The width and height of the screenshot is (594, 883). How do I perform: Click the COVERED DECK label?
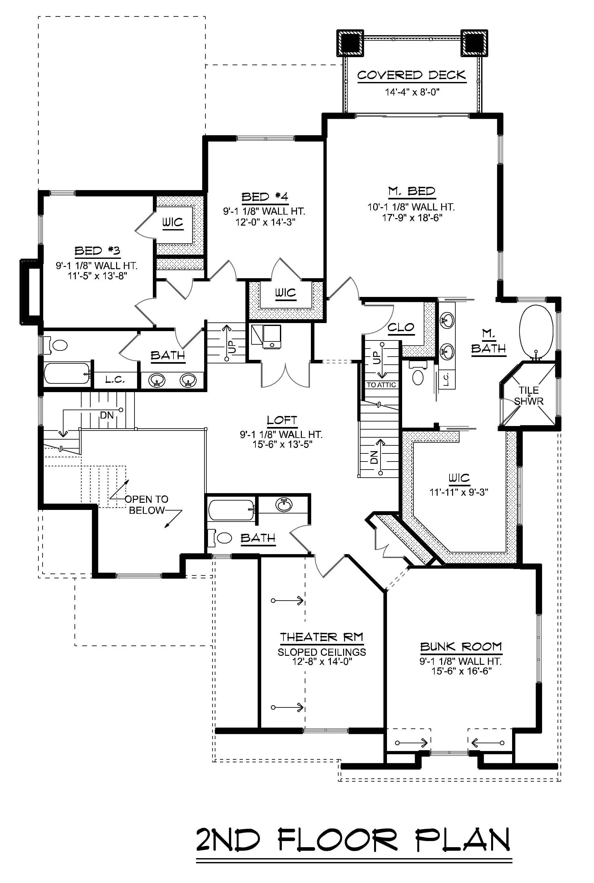[411, 76]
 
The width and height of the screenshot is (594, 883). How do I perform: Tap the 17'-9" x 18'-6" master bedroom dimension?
[412, 218]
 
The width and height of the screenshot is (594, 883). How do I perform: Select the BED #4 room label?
[265, 197]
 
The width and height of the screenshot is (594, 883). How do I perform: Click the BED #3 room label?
[97, 251]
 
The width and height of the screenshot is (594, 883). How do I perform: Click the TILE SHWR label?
[529, 395]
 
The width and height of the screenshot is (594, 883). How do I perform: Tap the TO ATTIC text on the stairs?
[381, 385]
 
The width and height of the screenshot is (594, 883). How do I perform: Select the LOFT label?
[282, 420]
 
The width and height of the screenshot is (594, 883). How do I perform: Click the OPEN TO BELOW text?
[147, 505]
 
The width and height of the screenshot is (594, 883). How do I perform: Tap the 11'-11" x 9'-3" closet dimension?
[459, 492]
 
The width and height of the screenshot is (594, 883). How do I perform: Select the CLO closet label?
[401, 327]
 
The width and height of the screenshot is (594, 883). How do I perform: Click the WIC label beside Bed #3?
[173, 223]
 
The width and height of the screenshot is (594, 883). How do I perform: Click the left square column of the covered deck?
[350, 43]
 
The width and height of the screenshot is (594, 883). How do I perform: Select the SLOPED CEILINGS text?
[322, 652]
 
